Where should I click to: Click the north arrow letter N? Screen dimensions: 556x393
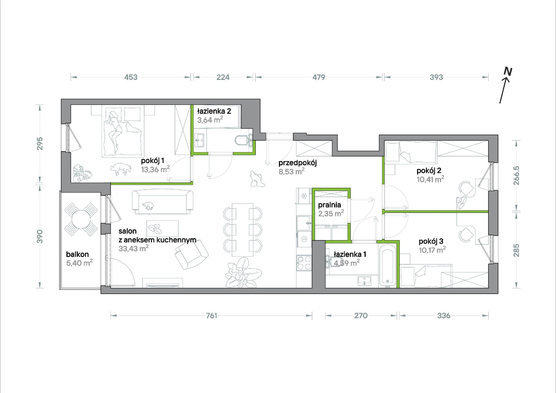pyautogui.click(x=508, y=71)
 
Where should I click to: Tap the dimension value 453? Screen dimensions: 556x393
pyautogui.click(x=131, y=77)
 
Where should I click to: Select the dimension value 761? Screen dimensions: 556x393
pyautogui.click(x=212, y=315)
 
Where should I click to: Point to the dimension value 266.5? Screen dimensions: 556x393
pyautogui.click(x=516, y=176)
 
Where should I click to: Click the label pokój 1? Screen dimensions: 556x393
pyautogui.click(x=152, y=160)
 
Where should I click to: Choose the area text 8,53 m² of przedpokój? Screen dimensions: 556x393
pyautogui.click(x=291, y=171)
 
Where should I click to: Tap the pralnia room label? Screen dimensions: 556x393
pyautogui.click(x=330, y=205)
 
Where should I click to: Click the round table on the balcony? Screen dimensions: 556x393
pyautogui.click(x=81, y=219)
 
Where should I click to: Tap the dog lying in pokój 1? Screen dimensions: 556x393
pyautogui.click(x=120, y=169)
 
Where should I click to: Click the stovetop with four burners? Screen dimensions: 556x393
pyautogui.click(x=304, y=263)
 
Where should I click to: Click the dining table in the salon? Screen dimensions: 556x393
pyautogui.click(x=242, y=230)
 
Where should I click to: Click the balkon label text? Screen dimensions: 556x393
pyautogui.click(x=77, y=254)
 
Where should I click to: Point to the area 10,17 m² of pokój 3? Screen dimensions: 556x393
pyautogui.click(x=432, y=250)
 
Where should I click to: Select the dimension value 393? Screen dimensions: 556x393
pyautogui.click(x=436, y=77)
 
